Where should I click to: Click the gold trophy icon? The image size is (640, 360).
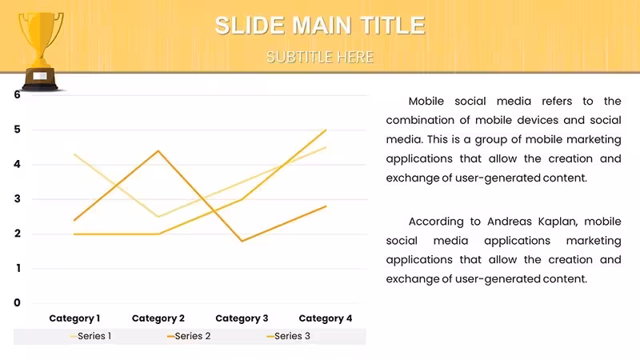41,51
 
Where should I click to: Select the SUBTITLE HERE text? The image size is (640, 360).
320,57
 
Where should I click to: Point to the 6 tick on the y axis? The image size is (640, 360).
17,94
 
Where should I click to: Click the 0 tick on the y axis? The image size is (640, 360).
17,303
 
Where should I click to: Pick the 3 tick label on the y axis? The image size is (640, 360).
17,198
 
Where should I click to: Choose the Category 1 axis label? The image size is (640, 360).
74,318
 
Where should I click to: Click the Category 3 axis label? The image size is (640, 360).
242,318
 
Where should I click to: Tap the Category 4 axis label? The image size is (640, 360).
326,318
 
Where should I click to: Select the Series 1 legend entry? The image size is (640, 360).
90,336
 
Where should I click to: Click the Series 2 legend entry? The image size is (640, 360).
189,336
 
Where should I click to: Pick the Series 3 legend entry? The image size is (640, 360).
289,336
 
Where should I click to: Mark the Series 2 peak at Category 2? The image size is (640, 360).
158,151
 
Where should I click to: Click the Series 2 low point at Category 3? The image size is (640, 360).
242,241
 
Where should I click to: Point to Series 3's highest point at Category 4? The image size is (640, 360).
326,130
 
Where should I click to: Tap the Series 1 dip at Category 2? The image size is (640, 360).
158,216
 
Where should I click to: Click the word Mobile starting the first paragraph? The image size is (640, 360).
426,102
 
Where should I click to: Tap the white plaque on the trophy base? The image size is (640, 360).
39,76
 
